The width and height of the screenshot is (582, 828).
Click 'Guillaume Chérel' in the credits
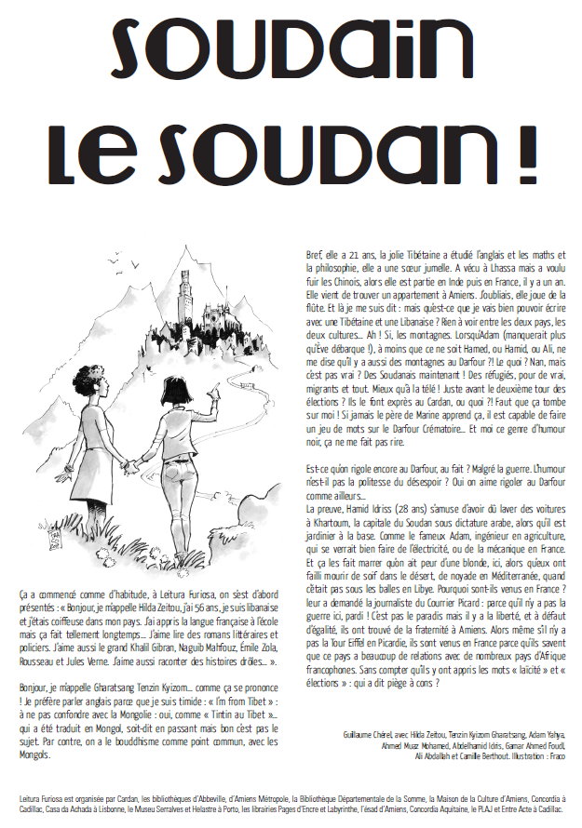[372, 734]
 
